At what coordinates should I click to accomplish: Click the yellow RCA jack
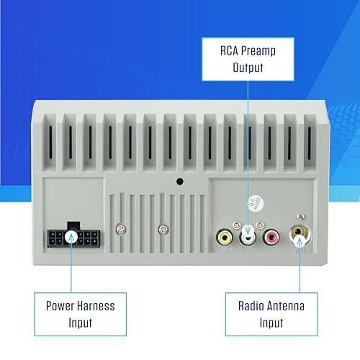(x=225, y=237)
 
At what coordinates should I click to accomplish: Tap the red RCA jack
(x=271, y=237)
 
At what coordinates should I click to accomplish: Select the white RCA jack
(x=248, y=236)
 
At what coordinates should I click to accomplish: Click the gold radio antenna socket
(x=300, y=234)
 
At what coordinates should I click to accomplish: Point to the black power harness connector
(x=73, y=235)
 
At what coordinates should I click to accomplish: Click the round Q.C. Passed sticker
(x=256, y=204)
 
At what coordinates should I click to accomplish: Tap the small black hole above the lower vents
(x=180, y=181)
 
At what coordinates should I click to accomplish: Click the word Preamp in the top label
(x=258, y=51)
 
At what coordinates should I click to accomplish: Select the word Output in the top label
(x=248, y=68)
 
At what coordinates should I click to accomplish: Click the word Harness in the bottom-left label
(x=96, y=306)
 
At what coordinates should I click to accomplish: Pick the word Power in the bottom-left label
(x=60, y=306)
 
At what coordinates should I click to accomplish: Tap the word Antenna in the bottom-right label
(x=286, y=306)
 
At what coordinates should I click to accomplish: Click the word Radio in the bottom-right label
(x=251, y=306)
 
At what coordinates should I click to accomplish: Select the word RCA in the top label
(x=229, y=51)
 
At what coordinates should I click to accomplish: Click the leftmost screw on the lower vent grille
(x=121, y=229)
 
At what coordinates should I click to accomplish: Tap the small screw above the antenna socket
(x=301, y=217)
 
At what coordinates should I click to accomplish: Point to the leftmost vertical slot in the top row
(x=50, y=142)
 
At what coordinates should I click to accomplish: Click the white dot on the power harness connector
(x=71, y=237)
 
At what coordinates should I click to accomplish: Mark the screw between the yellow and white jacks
(x=236, y=225)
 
